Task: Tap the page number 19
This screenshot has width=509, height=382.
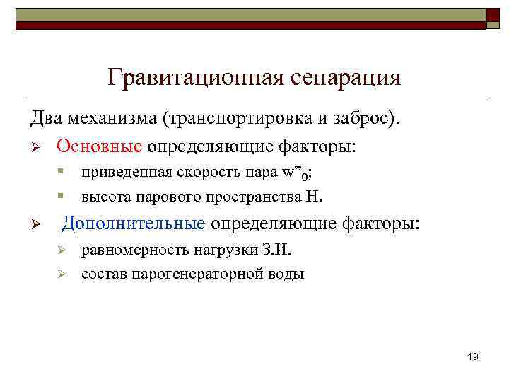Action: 473,357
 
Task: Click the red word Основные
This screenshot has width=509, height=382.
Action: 100,147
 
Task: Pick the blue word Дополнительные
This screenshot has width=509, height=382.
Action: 134,224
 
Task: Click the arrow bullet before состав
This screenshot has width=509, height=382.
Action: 62,273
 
